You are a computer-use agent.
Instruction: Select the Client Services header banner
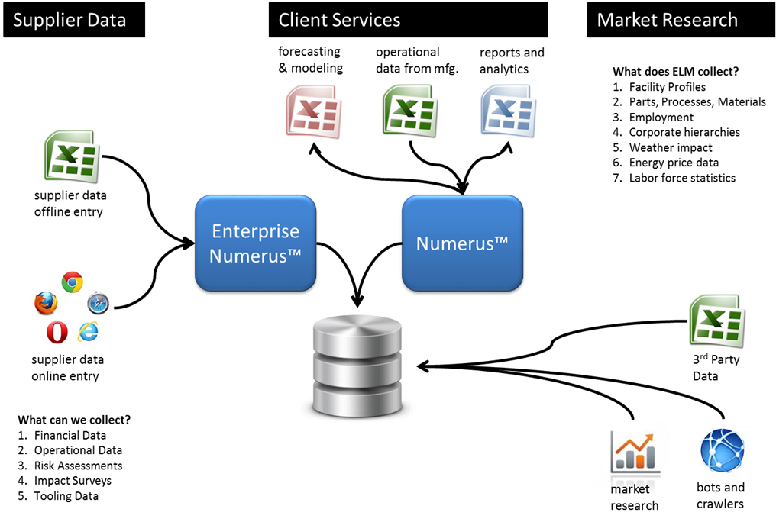click(x=408, y=20)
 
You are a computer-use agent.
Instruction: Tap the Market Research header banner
click(x=678, y=20)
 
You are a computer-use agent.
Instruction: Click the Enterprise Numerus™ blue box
click(x=255, y=243)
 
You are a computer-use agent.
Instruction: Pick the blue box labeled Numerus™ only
click(x=462, y=243)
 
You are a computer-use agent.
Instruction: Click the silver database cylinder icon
click(x=357, y=365)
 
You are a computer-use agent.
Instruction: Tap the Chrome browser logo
click(x=73, y=282)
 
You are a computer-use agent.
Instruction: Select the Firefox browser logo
click(x=46, y=304)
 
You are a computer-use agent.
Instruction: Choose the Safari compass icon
click(x=98, y=304)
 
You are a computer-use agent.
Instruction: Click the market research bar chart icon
click(x=632, y=451)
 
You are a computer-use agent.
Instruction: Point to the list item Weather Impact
click(x=670, y=147)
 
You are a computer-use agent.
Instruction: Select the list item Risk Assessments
click(x=78, y=466)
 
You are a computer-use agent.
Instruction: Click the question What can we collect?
click(x=73, y=420)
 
